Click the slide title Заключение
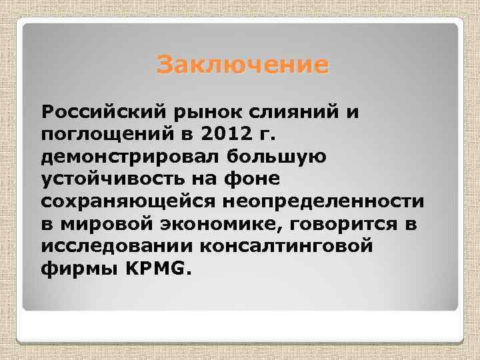pyautogui.click(x=243, y=65)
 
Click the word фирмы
pyautogui.click(x=74, y=269)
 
